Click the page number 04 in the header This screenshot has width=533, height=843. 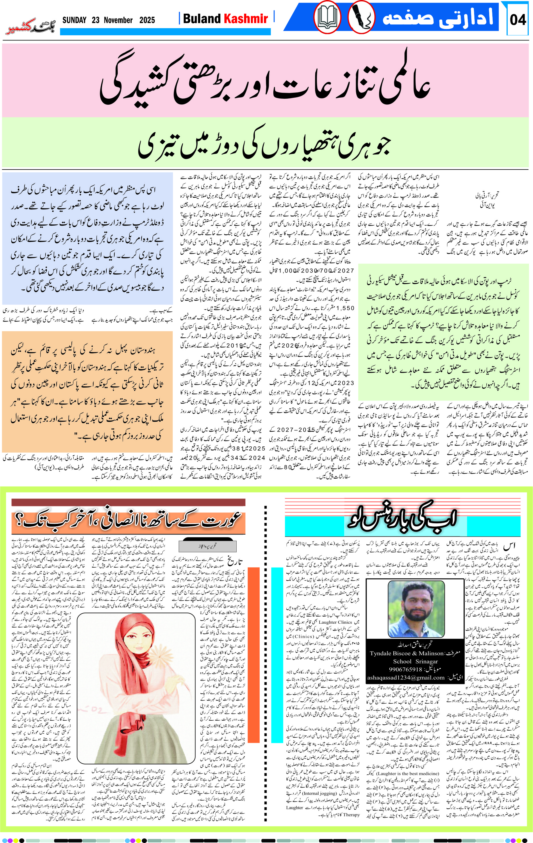click(x=518, y=20)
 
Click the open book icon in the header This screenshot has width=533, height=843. click(x=327, y=18)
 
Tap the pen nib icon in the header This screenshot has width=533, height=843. click(x=361, y=18)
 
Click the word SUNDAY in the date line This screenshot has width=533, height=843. click(x=74, y=20)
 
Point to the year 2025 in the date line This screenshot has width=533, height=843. click(x=147, y=20)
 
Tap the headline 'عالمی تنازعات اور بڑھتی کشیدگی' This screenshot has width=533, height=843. click(x=265, y=80)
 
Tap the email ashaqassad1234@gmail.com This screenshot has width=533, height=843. click(x=406, y=678)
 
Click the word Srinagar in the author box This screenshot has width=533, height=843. click(x=427, y=661)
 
